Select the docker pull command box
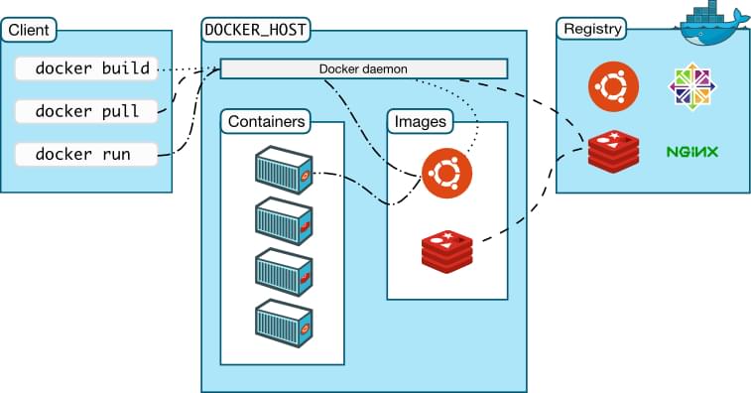tap(86, 111)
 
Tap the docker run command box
tap(86, 154)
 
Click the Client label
tap(29, 29)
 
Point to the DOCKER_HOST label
tap(255, 29)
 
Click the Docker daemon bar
tap(363, 68)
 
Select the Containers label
tap(265, 121)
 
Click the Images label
tap(421, 121)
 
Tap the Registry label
tap(592, 29)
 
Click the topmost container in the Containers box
tap(285, 169)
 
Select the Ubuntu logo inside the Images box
tap(446, 174)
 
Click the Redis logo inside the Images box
tap(446, 248)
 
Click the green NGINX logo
tap(692, 152)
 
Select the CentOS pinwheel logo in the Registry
tap(692, 86)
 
